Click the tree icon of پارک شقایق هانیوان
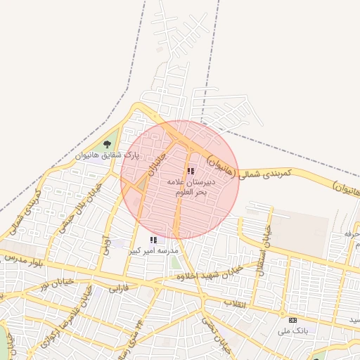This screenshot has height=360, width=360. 107,144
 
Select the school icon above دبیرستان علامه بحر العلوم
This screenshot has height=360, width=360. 191,171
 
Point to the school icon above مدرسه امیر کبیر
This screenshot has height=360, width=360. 153,240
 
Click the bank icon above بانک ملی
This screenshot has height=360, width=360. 292,320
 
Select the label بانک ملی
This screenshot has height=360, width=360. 292,330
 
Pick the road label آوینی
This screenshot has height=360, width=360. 106,246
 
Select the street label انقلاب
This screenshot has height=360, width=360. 236,304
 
